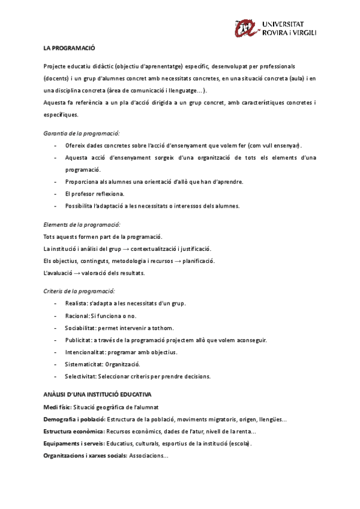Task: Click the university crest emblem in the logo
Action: click(x=247, y=28)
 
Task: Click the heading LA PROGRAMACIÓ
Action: click(x=70, y=47)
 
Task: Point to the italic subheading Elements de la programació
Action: click(x=81, y=224)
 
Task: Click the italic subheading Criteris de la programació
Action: click(x=79, y=291)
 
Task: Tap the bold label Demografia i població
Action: click(x=74, y=420)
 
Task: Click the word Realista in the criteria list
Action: click(x=76, y=303)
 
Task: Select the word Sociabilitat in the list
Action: click(x=80, y=328)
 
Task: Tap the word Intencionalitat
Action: click(x=85, y=352)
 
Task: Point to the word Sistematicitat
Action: click(x=83, y=364)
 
